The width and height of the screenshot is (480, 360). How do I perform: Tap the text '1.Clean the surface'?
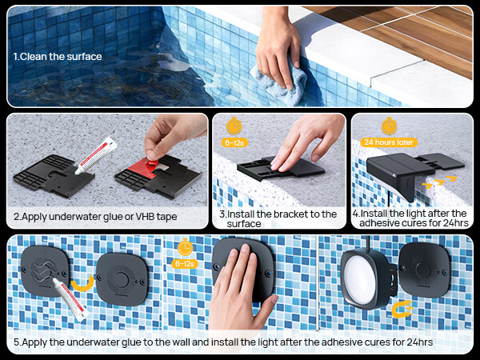[x=58, y=57]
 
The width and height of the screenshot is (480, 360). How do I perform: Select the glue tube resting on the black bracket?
[x=96, y=155]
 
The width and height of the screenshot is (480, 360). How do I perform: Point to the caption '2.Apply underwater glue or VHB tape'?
[x=95, y=217]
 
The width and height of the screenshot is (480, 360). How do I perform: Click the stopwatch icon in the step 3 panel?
[x=234, y=126]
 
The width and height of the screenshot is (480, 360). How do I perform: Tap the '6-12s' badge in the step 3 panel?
[x=234, y=142]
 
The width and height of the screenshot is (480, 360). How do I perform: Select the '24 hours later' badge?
[x=389, y=142]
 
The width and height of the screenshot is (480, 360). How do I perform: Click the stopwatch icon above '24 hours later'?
[x=389, y=126]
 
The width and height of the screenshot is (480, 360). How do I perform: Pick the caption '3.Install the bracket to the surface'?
[x=278, y=218]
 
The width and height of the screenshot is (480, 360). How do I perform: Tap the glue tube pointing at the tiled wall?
[x=70, y=300]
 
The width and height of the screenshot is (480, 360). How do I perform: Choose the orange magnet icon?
[x=402, y=309]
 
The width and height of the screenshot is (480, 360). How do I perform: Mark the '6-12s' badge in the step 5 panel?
[x=185, y=263]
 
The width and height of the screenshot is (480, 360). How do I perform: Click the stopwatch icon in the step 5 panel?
[x=186, y=247]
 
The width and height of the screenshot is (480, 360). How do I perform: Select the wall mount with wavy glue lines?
[x=45, y=271]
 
